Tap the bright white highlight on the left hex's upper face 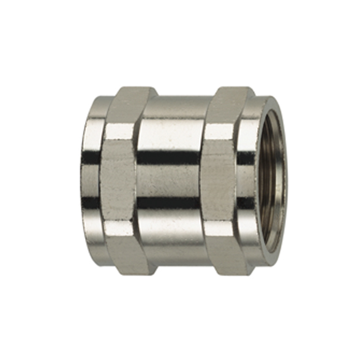click(x=118, y=131)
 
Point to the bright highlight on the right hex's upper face click(x=217, y=131)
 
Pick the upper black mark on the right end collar click(x=244, y=157)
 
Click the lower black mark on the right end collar click(x=244, y=203)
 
